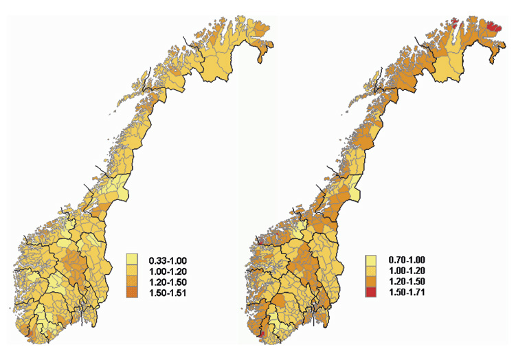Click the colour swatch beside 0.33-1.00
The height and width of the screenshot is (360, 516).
pos(134,260)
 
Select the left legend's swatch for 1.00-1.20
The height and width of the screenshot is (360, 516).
pos(134,271)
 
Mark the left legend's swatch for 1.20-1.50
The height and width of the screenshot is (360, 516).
pos(134,282)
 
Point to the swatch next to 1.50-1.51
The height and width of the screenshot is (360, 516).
pos(134,293)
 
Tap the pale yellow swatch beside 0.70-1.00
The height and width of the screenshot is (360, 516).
pos(372,260)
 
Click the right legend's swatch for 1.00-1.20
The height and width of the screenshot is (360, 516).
pos(372,271)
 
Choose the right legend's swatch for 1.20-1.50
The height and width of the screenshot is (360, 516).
pos(372,282)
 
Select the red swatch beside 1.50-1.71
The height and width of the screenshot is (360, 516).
pos(372,293)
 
